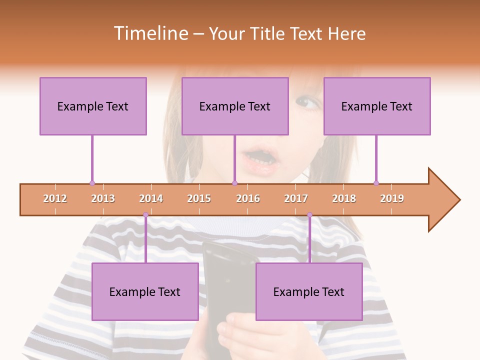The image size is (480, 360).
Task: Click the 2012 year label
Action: tap(55, 198)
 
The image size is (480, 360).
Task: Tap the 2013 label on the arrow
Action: tap(103, 198)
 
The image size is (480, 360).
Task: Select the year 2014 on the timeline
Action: tap(151, 198)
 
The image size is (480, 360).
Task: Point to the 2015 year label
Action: tap(199, 198)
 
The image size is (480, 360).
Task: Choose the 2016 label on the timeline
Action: tap(248, 198)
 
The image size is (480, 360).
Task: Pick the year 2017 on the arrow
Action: tap(296, 198)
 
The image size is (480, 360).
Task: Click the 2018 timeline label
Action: tap(344, 198)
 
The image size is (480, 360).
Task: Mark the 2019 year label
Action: tap(392, 198)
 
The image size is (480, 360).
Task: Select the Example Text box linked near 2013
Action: tap(93, 106)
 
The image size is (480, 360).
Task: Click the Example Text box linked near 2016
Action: tap(235, 106)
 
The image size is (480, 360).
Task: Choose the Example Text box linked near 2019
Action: tap(377, 106)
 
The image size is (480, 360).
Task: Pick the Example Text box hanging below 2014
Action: tap(145, 291)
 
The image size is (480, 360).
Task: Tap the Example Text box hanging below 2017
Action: tap(309, 291)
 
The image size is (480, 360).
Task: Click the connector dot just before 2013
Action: tap(92, 183)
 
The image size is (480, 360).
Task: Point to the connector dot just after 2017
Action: tap(309, 215)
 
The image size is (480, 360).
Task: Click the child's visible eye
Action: tap(305, 103)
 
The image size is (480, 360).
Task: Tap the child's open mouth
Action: tap(259, 160)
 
